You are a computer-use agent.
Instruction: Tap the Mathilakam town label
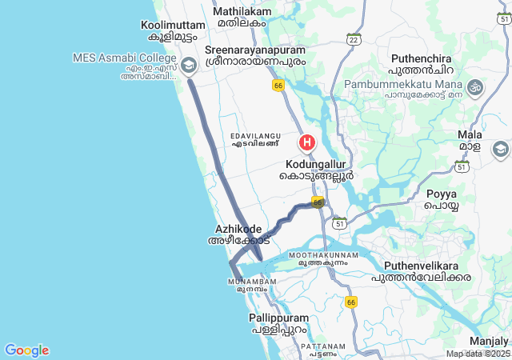click(x=242, y=12)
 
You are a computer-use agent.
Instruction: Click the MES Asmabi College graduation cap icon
click(x=190, y=65)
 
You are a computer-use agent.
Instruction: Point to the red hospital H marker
click(x=306, y=143)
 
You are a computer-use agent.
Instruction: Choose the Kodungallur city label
click(x=316, y=163)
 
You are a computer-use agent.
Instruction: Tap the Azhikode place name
click(x=238, y=229)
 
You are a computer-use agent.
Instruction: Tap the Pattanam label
click(x=325, y=346)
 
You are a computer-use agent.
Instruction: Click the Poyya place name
click(x=441, y=194)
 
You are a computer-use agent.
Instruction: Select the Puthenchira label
click(x=421, y=59)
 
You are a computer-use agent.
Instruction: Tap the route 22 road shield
click(x=354, y=38)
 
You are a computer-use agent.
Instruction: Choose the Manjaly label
click(x=488, y=341)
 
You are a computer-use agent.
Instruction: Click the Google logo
click(x=26, y=350)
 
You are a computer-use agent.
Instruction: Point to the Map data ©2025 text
click(x=477, y=354)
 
